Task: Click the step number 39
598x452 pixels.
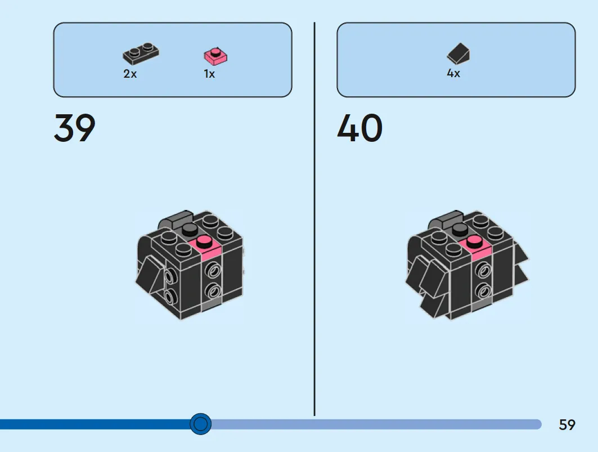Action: pos(75,128)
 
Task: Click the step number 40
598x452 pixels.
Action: pos(359,128)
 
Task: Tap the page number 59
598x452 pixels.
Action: pos(566,424)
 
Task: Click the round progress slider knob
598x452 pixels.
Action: pos(201,424)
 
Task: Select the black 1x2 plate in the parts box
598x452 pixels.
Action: pos(141,54)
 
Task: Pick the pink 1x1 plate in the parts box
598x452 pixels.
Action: pos(215,56)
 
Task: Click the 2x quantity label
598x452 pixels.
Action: pos(130,73)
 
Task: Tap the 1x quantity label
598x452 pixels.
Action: pos(209,73)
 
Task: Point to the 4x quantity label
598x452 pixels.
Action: pos(453,73)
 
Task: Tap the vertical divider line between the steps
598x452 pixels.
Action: pos(314,219)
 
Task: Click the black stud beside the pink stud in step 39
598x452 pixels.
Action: pos(190,230)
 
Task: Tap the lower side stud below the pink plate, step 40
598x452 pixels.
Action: pos(483,291)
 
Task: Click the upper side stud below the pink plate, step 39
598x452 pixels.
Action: pos(213,270)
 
